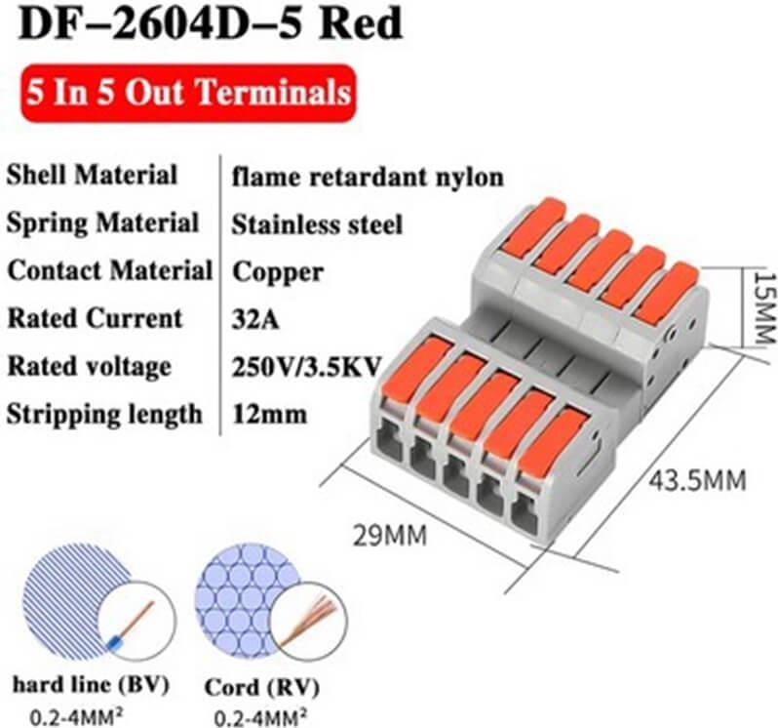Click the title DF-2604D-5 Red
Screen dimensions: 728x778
211,23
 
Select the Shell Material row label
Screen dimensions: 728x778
93,176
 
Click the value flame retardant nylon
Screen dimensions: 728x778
368,177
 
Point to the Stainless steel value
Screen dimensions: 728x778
317,223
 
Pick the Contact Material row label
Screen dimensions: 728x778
109,270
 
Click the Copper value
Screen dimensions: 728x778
278,270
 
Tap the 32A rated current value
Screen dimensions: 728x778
254,318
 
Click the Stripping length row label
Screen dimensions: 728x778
104,413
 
